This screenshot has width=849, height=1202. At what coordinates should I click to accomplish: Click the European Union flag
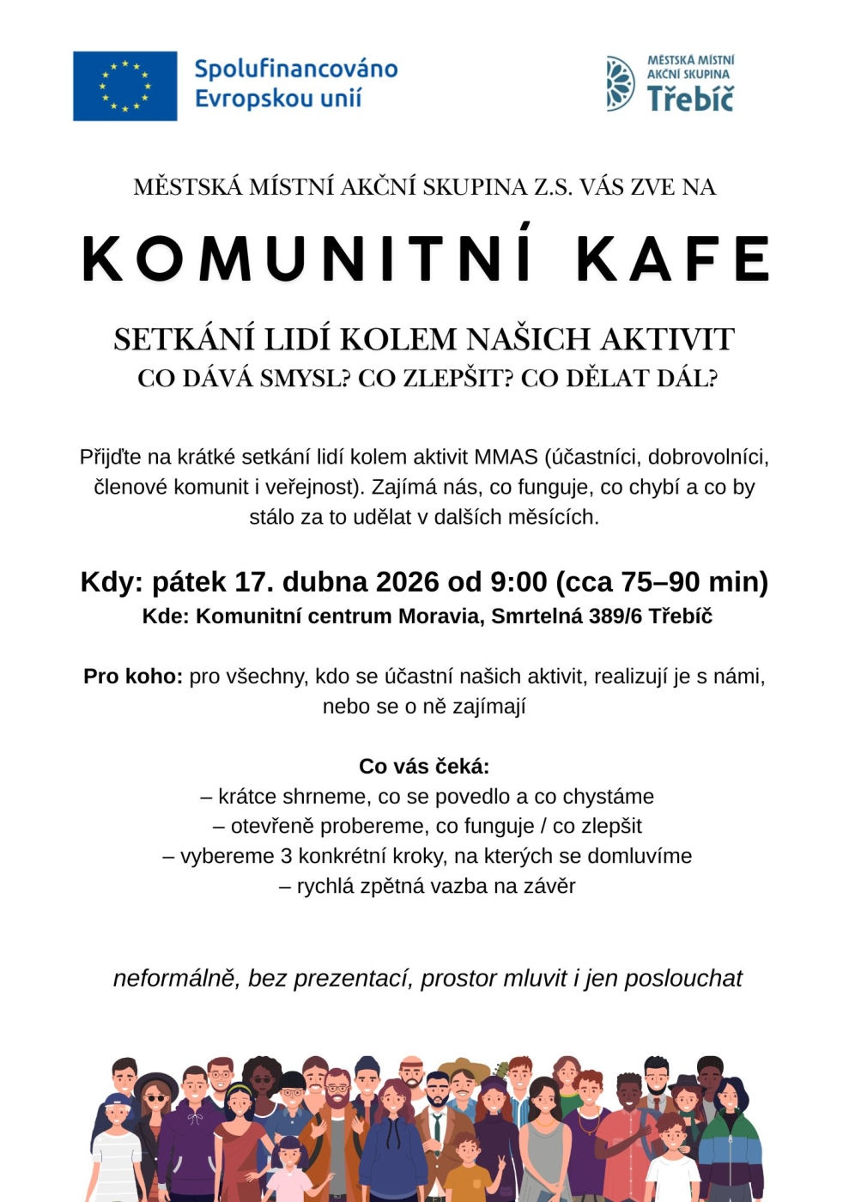click(124, 86)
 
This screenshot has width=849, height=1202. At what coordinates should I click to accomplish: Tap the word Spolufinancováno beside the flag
click(295, 69)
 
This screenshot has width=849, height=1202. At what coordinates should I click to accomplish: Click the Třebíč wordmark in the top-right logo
click(690, 98)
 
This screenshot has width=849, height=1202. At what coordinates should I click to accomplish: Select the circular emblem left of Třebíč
click(619, 83)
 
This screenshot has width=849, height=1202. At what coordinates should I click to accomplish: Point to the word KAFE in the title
click(673, 258)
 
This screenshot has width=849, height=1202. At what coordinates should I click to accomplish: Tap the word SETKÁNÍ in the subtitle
click(185, 339)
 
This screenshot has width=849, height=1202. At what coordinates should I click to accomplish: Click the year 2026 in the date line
click(408, 581)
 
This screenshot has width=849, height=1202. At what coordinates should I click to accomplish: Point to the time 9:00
click(518, 581)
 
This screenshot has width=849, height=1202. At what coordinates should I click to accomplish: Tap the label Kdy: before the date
click(112, 581)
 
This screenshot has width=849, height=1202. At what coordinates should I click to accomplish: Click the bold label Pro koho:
click(133, 676)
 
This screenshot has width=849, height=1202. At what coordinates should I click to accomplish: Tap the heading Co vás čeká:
click(424, 766)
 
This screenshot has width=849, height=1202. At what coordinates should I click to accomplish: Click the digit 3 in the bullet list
click(287, 856)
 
